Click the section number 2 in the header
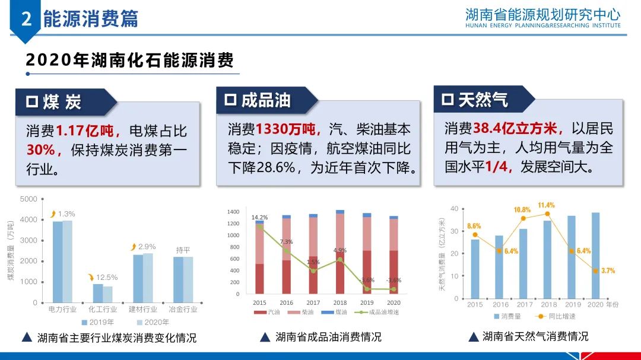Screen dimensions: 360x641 [26, 20]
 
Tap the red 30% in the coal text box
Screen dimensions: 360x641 [40, 150]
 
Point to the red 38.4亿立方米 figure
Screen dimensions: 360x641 [517, 128]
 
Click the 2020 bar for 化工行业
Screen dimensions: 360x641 [107, 295]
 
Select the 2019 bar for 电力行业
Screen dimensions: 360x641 [58, 262]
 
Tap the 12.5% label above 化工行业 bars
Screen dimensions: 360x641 [106, 277]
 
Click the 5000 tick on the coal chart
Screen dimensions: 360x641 [28, 199]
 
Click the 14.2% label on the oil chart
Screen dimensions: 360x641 [259, 218]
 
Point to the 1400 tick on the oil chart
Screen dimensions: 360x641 [233, 212]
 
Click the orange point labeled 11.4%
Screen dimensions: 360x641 [547, 214]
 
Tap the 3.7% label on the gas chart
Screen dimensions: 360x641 [607, 270]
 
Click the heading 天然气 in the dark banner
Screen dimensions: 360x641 [483, 100]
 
